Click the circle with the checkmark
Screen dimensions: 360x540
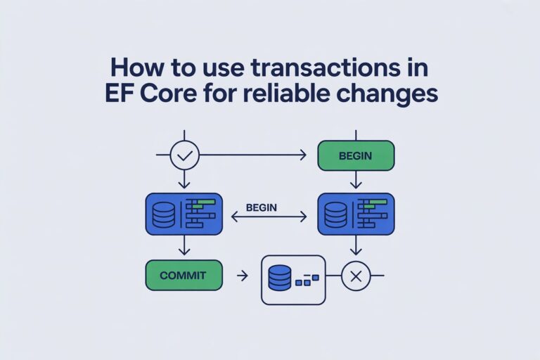coord(185,155)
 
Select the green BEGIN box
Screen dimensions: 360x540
coord(355,155)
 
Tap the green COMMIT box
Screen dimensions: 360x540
coord(184,276)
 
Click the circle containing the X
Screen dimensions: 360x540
coord(356,277)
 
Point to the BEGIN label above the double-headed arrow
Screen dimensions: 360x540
coord(261,208)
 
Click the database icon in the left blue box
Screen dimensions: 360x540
coord(163,214)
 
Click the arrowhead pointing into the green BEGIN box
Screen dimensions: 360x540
coord(304,155)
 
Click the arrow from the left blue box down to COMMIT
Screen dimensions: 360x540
coord(184,246)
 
